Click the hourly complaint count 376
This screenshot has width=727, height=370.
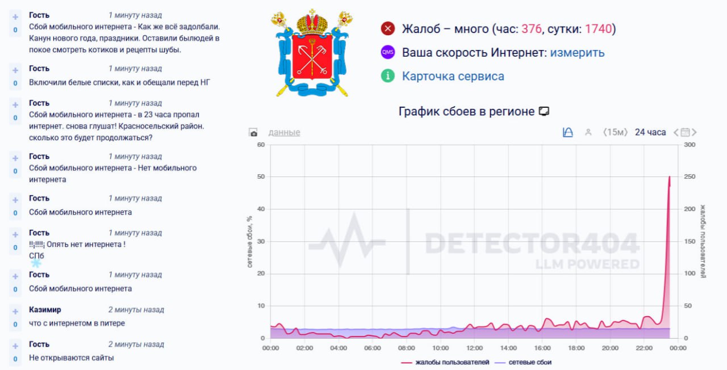point(532,29)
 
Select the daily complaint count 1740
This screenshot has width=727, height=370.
point(598,29)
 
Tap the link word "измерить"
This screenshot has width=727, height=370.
point(577,53)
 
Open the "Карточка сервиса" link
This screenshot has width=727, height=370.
point(453,76)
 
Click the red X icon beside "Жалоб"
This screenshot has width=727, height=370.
point(388,28)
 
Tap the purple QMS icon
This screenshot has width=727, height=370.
point(388,52)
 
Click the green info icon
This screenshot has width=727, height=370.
point(388,75)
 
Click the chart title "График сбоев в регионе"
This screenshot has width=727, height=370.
point(466,112)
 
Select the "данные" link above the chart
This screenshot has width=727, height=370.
point(284,132)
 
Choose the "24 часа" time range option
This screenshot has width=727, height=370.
point(650,132)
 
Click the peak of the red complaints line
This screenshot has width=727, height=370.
point(670,177)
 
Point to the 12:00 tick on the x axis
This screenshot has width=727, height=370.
point(474,348)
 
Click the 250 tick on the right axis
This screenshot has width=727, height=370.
point(690,177)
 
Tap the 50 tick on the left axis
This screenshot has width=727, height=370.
point(261,177)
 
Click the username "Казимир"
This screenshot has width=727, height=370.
point(45,310)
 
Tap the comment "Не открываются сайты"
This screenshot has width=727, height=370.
point(72,358)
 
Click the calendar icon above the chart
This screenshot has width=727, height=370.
point(685,132)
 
